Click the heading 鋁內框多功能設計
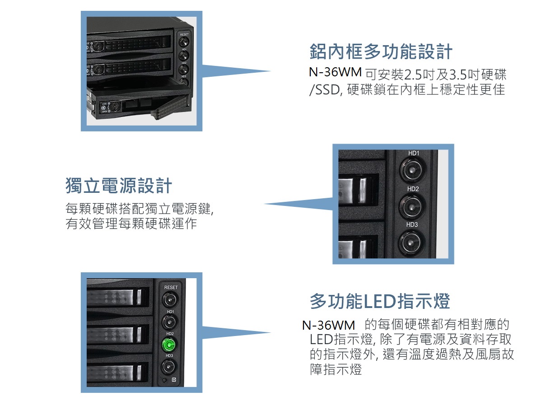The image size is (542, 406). tap(381, 51)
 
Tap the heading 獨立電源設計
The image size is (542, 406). tap(118, 185)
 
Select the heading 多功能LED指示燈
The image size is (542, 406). tap(380, 301)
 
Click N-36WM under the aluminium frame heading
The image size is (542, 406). tap(335, 72)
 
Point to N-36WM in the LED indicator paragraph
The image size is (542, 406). tap(328, 325)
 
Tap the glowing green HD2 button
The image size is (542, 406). tap(169, 344)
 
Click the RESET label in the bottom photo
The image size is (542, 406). tap(171, 287)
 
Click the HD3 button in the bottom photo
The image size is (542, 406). tap(169, 367)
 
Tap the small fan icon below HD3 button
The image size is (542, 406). tap(174, 380)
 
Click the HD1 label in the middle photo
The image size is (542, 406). tap(414, 153)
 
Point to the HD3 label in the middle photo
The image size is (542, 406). tap(412, 224)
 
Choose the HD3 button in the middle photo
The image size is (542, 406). tap(411, 243)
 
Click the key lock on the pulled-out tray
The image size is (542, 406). tap(114, 107)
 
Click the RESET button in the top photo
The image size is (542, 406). tap(184, 42)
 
